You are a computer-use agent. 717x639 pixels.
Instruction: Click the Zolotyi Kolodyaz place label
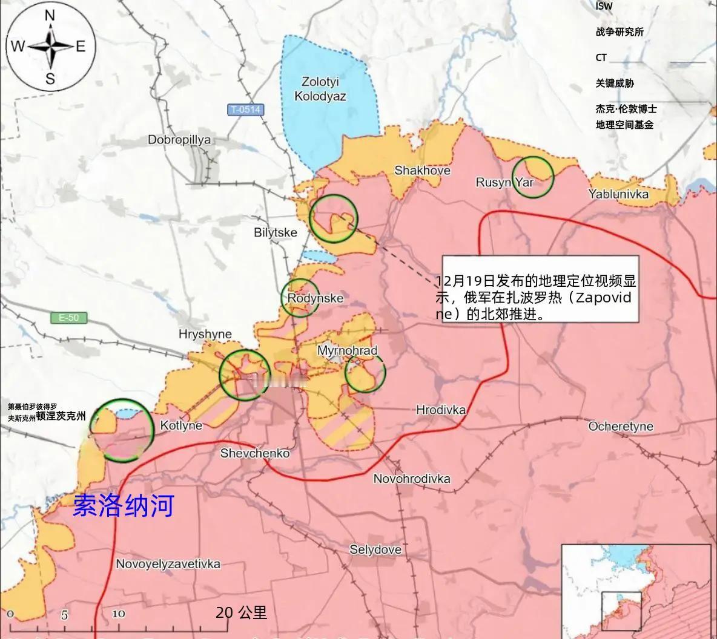320,88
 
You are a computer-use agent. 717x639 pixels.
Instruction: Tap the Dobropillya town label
179,140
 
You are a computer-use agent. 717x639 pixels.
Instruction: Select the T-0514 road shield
246,110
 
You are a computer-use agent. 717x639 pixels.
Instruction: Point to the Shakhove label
422,171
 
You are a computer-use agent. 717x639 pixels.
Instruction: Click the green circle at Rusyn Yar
533,176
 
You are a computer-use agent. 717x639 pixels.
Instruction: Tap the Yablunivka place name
618,194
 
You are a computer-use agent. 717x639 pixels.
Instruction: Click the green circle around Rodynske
300,297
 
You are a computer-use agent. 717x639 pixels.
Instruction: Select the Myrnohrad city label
347,351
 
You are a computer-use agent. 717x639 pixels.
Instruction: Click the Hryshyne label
205,334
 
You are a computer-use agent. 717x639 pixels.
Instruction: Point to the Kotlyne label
181,425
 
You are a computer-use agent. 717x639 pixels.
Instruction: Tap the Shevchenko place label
255,453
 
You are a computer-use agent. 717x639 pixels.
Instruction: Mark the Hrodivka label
441,410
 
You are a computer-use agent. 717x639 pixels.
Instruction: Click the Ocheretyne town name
621,427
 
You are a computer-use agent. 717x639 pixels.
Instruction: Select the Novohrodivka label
412,479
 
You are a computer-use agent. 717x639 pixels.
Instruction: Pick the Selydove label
375,549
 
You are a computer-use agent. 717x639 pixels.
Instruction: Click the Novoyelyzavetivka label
168,564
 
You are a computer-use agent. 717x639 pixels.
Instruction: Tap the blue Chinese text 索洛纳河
124,506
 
